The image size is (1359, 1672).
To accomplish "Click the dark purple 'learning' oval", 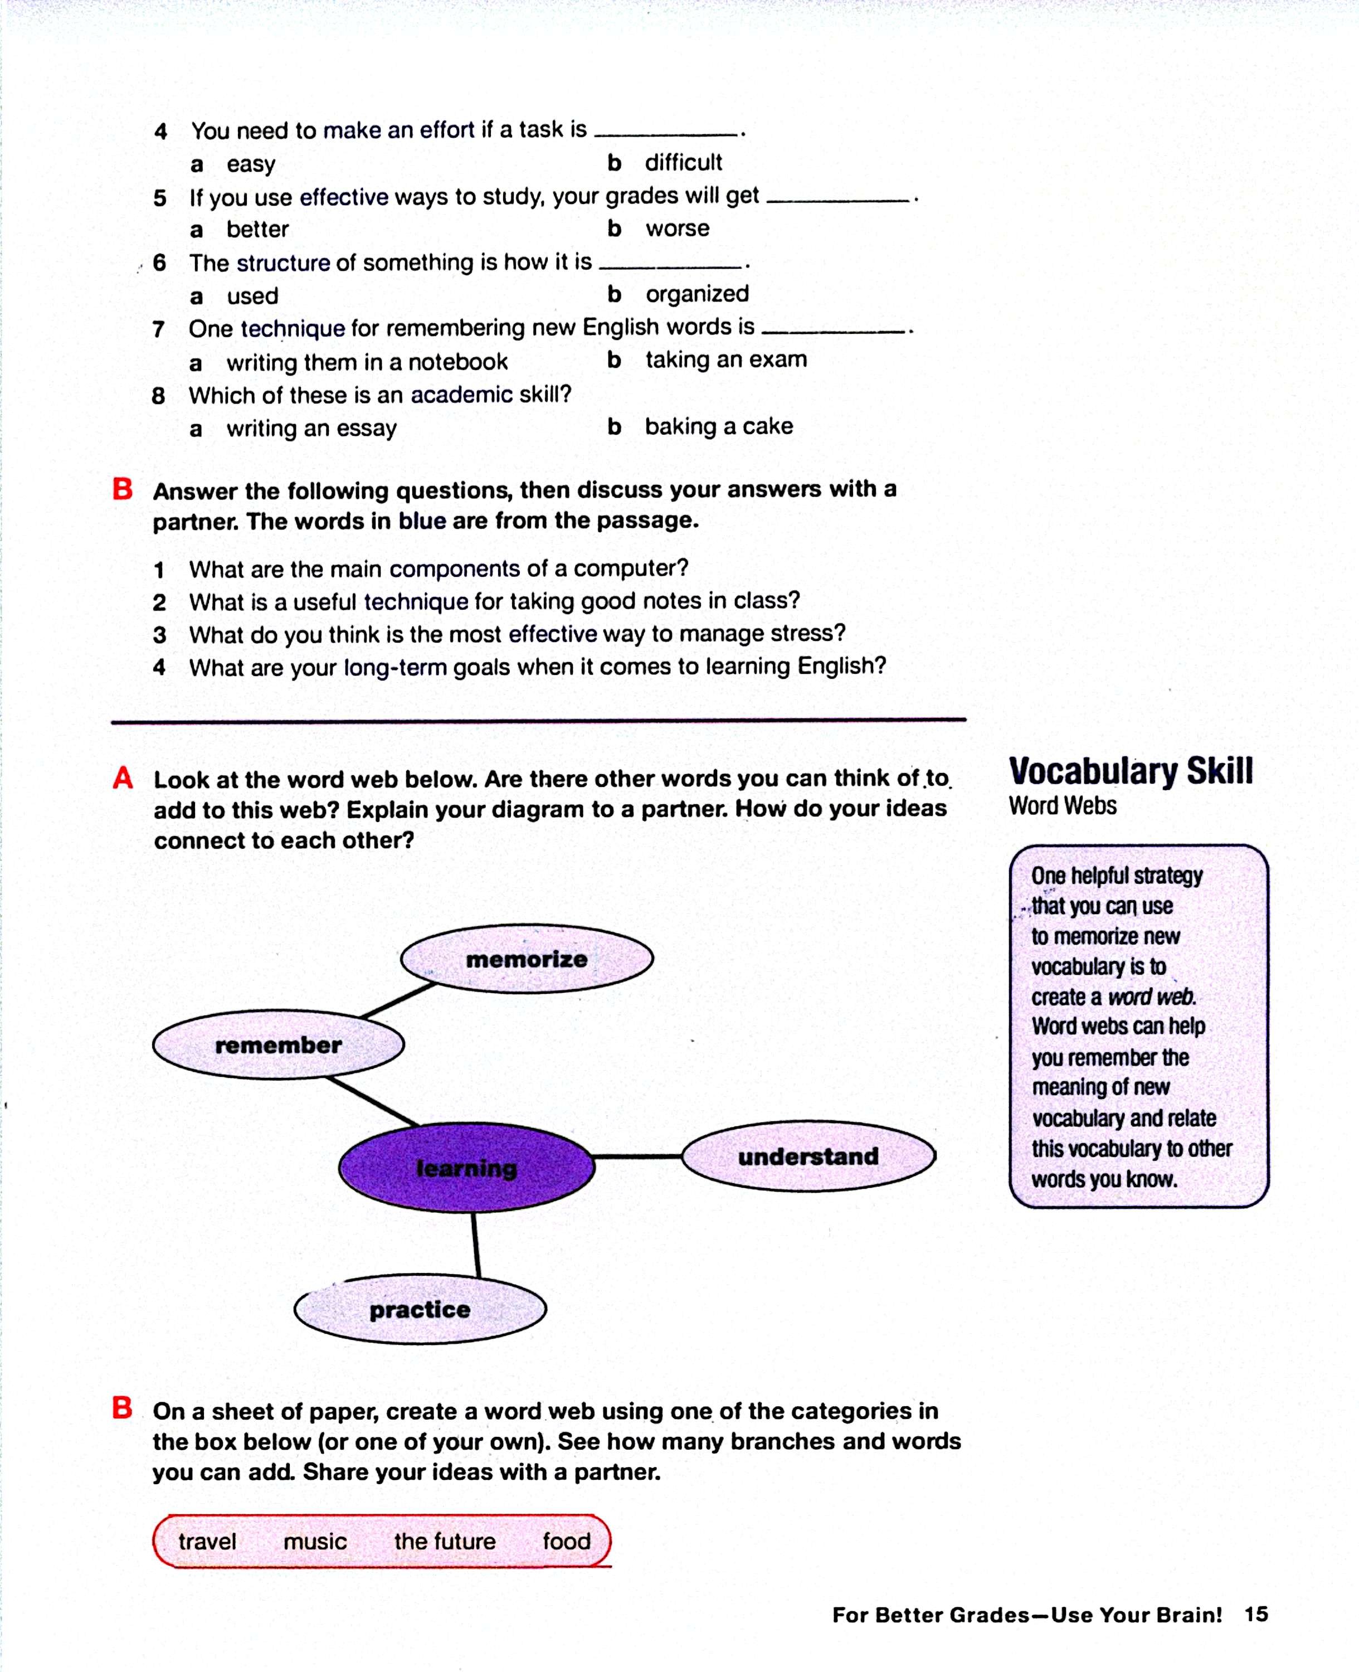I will pos(466,1168).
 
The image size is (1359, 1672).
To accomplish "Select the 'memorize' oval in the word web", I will pos(527,959).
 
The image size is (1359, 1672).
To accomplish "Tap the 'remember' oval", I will pos(279,1044).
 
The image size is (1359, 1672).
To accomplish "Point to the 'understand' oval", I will pos(808,1156).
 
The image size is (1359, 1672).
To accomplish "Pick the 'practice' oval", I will pos(420,1309).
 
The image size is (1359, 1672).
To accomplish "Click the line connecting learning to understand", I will pos(637,1156).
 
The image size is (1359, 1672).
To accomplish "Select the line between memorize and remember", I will pos(398,1000).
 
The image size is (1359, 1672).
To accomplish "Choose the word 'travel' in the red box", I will pos(207,1541).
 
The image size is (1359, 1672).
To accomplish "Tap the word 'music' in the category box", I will pos(315,1541).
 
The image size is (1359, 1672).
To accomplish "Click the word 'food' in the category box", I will pos(567,1541).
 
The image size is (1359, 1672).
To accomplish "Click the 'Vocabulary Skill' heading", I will pos(1131,771).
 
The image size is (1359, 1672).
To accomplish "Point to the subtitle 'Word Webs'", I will pos(1063,806).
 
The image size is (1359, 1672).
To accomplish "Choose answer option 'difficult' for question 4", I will pos(684,162).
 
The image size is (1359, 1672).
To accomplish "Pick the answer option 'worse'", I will pos(677,229).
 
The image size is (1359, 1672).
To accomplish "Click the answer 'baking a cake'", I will pos(719,426).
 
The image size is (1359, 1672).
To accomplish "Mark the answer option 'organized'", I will pos(696,294).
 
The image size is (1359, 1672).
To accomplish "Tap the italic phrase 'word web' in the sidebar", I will pos(1152,997).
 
